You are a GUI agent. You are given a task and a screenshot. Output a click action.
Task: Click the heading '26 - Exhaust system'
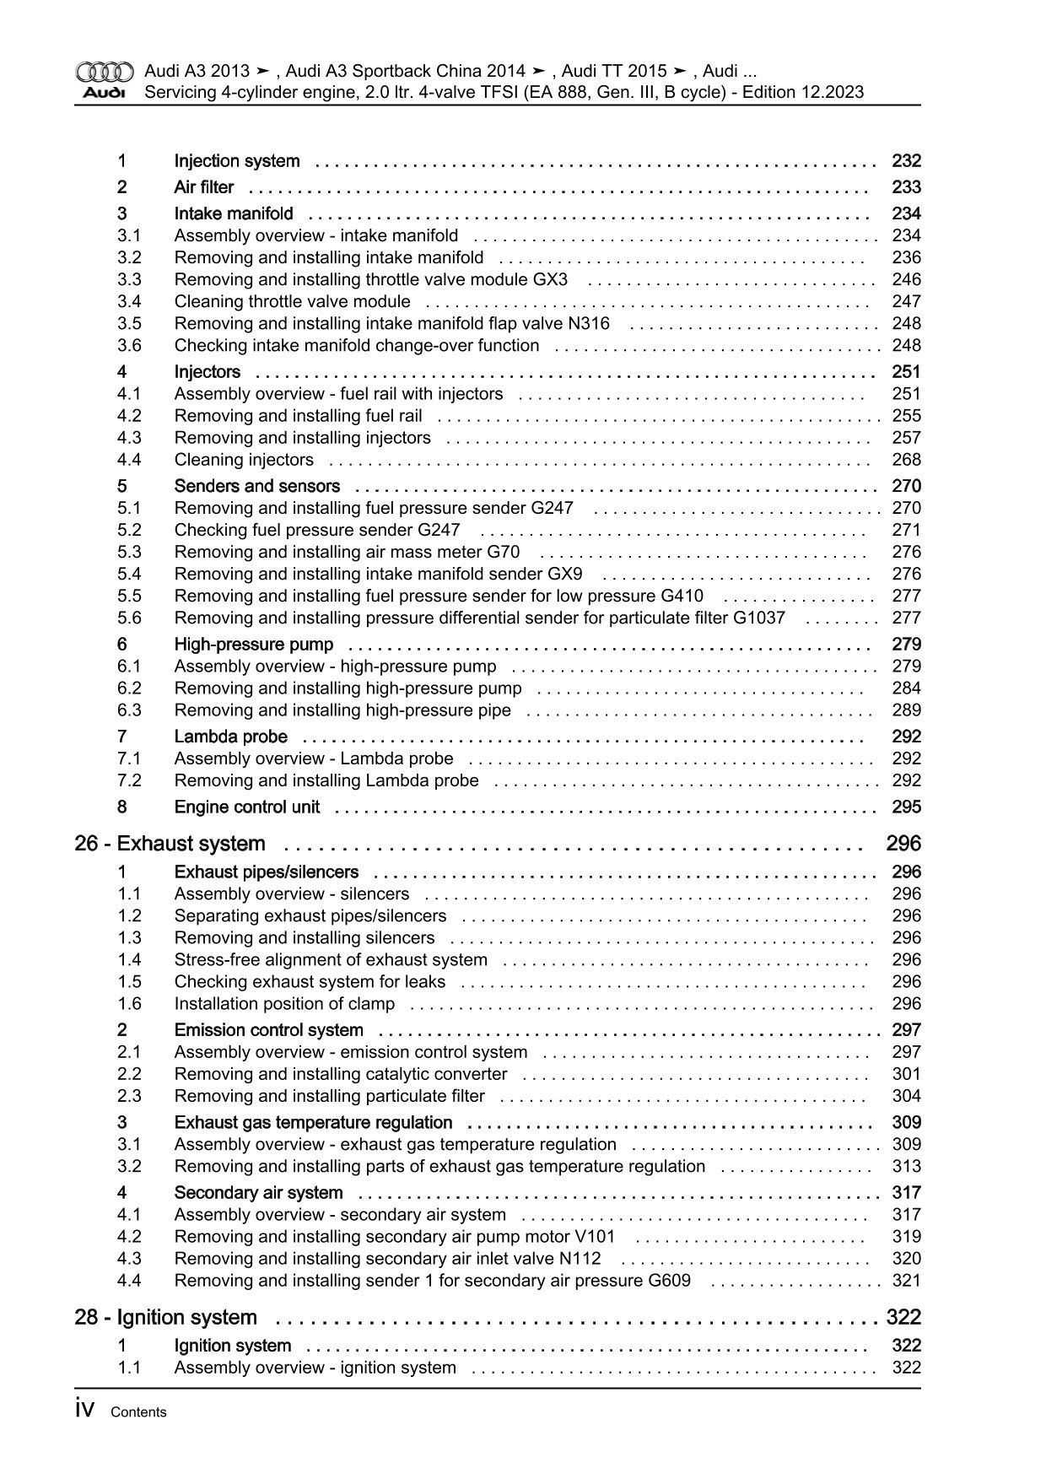click(170, 844)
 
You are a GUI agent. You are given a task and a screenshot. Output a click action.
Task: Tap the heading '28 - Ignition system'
click(165, 1317)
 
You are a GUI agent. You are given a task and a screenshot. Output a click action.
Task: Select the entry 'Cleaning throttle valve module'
click(292, 301)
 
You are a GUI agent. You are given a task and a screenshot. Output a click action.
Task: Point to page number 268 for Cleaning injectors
click(906, 460)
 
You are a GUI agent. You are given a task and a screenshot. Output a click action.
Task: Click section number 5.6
click(129, 618)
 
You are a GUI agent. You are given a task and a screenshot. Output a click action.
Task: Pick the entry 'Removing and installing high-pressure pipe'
click(342, 710)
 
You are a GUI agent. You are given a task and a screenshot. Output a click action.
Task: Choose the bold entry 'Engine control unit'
click(246, 807)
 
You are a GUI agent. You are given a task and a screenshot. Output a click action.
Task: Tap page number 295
click(906, 807)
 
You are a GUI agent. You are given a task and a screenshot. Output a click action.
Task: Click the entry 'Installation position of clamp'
click(284, 1004)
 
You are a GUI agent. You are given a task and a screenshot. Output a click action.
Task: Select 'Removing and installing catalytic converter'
click(341, 1074)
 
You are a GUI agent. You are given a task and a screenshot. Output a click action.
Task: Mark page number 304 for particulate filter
click(906, 1096)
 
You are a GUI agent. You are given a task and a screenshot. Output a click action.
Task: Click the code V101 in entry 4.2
click(595, 1237)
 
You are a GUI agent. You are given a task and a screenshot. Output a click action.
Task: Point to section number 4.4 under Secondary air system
click(129, 1281)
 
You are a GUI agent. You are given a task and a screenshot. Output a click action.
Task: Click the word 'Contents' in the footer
click(138, 1412)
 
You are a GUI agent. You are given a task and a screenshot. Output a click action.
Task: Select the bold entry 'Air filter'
click(203, 187)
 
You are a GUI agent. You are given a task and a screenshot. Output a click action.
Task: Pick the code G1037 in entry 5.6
click(758, 618)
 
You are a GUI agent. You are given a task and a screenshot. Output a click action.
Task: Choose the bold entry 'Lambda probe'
click(230, 737)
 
